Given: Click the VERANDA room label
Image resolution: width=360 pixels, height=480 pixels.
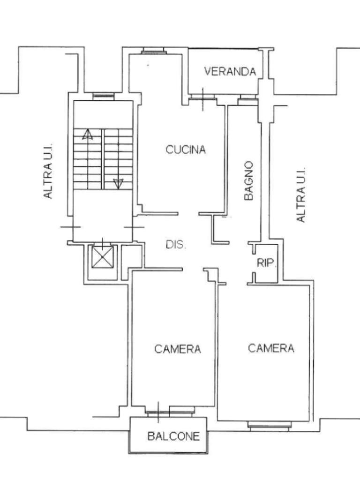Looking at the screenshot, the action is tap(230, 71).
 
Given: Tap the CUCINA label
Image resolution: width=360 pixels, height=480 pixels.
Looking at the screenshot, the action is tap(186, 150).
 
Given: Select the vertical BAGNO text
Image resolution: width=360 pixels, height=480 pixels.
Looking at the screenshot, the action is tap(249, 181).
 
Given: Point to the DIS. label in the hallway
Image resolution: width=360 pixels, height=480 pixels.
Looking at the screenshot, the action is tap(176, 245).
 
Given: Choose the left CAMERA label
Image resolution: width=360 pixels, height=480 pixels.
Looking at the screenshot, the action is tap(178, 349).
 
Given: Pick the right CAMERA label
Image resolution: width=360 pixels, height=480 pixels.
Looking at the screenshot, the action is tap(271, 348).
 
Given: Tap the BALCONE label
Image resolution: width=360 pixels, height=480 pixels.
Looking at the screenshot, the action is tap(173, 436).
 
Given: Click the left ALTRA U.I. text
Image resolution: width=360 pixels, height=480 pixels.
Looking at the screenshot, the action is tap(48, 171).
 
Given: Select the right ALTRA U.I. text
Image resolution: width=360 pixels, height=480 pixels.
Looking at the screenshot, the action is tap(301, 195).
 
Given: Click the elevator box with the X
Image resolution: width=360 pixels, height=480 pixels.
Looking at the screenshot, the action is tap(102, 256).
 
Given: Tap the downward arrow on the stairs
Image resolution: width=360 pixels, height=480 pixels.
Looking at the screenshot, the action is tap(118, 183).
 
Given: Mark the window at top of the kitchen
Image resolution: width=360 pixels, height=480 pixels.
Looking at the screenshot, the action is tap(152, 51).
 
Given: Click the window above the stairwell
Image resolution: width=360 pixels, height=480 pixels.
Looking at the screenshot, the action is tap(104, 97).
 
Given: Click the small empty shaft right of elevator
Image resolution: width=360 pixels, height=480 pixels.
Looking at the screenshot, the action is tap(132, 262).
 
